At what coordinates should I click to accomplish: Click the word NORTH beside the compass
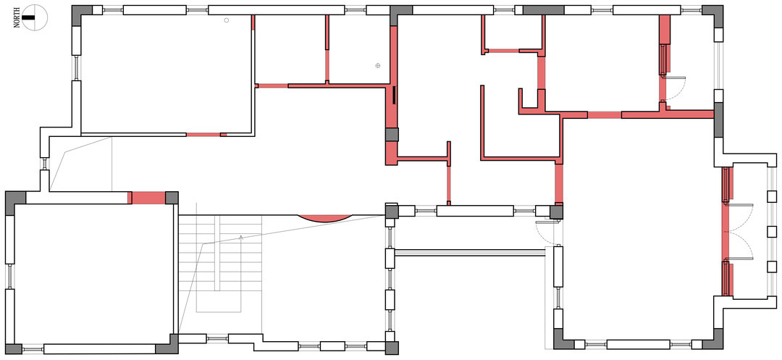coord(17,17)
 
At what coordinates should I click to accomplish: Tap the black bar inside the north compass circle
coord(30,17)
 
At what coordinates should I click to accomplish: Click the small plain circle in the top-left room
coord(227,20)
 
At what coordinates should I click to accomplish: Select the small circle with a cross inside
coord(378,65)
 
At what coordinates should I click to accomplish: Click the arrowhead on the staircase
coord(241,238)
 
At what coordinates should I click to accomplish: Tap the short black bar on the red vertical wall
coord(394,95)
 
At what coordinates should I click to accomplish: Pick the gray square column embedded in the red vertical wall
coord(392,135)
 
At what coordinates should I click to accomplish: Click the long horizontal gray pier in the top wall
coord(543,10)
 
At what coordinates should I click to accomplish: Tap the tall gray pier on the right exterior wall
coord(719,120)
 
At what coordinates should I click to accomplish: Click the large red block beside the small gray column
coord(148,198)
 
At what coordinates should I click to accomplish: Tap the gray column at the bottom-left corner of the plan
coord(14,349)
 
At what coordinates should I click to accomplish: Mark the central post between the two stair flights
coord(217,254)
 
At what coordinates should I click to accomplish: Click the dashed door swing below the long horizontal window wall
coord(545,230)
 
